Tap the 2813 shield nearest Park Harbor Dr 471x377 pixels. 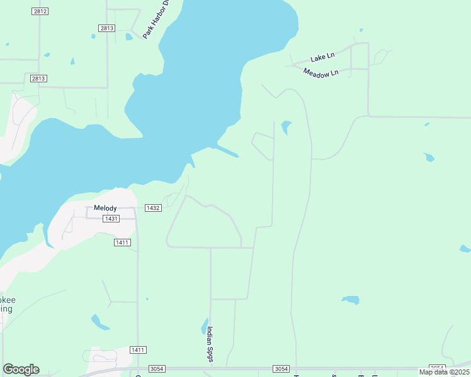point(106,28)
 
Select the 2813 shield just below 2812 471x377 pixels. point(38,78)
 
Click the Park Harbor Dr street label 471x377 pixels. point(157,19)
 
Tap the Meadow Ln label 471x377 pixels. point(321,73)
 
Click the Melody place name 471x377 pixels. point(106,207)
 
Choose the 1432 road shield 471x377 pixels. point(152,207)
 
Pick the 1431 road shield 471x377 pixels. point(111,219)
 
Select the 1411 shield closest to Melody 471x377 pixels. point(122,242)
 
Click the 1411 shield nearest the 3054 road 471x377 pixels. point(138,349)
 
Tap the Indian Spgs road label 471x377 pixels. point(211,344)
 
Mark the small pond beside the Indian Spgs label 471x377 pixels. point(205,327)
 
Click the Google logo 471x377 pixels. point(21,369)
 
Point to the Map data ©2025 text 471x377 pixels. point(444,372)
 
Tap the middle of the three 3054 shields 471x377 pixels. point(281,368)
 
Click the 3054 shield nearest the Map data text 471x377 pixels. point(436,368)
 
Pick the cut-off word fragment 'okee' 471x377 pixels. point(8,300)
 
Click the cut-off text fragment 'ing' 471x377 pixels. point(6,309)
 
